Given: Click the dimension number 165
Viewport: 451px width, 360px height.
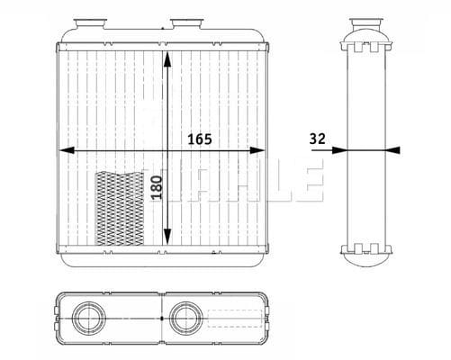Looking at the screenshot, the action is [x=200, y=139].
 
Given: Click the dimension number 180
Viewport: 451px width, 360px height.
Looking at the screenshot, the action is [x=157, y=187].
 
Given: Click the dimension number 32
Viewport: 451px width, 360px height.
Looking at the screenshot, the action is [x=317, y=139].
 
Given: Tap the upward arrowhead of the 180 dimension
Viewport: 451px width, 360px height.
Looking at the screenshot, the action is [x=167, y=59].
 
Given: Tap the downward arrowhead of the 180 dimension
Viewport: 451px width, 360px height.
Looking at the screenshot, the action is [x=167, y=236].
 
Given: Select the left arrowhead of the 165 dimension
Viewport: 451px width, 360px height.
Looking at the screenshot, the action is [x=67, y=150].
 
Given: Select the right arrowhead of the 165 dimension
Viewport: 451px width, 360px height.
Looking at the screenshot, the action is [x=257, y=150].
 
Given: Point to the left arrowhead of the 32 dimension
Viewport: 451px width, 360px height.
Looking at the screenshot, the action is [x=339, y=150].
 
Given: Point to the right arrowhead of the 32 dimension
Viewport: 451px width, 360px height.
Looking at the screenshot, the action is [x=392, y=150].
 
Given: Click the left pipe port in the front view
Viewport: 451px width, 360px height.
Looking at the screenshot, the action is [x=90, y=23].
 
